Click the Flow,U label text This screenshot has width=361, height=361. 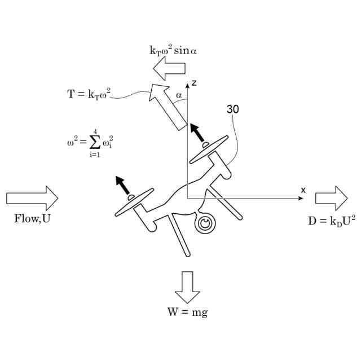[x=32, y=219]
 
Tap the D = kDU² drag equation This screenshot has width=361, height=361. [x=332, y=221]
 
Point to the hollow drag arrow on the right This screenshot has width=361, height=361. [x=331, y=198]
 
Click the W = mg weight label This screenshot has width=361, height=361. [x=187, y=312]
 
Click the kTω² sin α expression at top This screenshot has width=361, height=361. [x=173, y=51]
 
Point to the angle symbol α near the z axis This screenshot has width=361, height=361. [x=179, y=96]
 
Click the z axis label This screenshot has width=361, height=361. [x=193, y=83]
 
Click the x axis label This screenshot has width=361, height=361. [x=303, y=190]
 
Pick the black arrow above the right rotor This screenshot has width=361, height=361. [x=198, y=133]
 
